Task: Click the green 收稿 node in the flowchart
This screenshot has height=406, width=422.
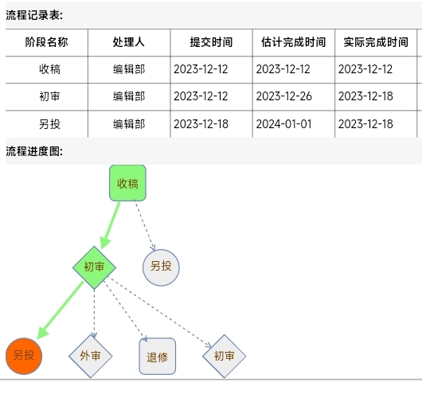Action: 127,183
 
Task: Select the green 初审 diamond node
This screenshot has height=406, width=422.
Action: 94,267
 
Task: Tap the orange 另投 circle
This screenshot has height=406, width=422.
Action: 24,356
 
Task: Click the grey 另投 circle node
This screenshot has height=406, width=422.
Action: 161,267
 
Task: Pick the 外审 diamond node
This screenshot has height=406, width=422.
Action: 91,356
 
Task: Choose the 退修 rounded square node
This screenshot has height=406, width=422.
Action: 158,356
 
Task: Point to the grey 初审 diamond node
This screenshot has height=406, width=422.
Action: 225,356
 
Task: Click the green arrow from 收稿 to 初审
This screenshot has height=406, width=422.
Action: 110,225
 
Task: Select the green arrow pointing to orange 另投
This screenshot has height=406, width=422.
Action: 60,310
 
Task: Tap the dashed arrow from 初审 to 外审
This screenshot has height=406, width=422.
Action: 94,314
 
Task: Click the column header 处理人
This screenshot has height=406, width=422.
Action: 129,42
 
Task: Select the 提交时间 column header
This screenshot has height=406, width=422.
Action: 211,42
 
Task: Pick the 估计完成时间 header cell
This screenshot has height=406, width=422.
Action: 294,42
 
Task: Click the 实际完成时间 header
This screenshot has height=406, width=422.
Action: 376,42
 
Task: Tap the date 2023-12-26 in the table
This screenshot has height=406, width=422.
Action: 284,96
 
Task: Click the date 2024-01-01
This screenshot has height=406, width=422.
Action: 283,124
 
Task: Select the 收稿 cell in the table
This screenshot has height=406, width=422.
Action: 50,69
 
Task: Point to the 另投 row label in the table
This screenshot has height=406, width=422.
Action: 50,124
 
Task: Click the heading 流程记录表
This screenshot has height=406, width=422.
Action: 34,15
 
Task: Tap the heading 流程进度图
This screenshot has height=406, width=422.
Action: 34,151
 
